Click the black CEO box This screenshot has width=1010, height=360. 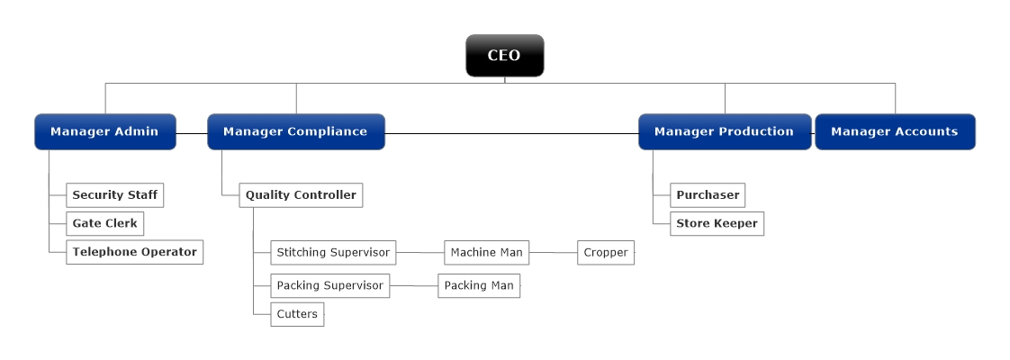coord(504,56)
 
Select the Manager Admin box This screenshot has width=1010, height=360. coord(104,131)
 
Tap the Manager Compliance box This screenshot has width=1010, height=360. coord(295,131)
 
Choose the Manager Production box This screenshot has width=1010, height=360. coord(724,131)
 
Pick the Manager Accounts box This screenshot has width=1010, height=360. coord(894,131)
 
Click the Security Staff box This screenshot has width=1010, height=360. coord(114,195)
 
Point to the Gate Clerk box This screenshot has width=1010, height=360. coord(104,223)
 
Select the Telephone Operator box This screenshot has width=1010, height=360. coord(134,252)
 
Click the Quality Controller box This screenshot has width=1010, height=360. coord(301,195)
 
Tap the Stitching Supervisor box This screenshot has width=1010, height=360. coord(333,253)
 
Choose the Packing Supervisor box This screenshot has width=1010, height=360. coord(329,286)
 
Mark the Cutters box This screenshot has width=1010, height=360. coord(297,315)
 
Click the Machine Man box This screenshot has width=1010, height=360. coord(486,253)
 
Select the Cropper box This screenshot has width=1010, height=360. coord(605,253)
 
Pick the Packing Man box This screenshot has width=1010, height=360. coord(479,286)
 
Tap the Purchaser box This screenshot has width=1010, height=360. coord(708,195)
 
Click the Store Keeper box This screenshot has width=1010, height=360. coord(717,223)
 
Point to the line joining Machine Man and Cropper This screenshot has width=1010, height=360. coord(553,253)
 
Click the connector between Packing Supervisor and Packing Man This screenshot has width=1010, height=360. coord(414,286)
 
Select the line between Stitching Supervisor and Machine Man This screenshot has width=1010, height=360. coord(420,253)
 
